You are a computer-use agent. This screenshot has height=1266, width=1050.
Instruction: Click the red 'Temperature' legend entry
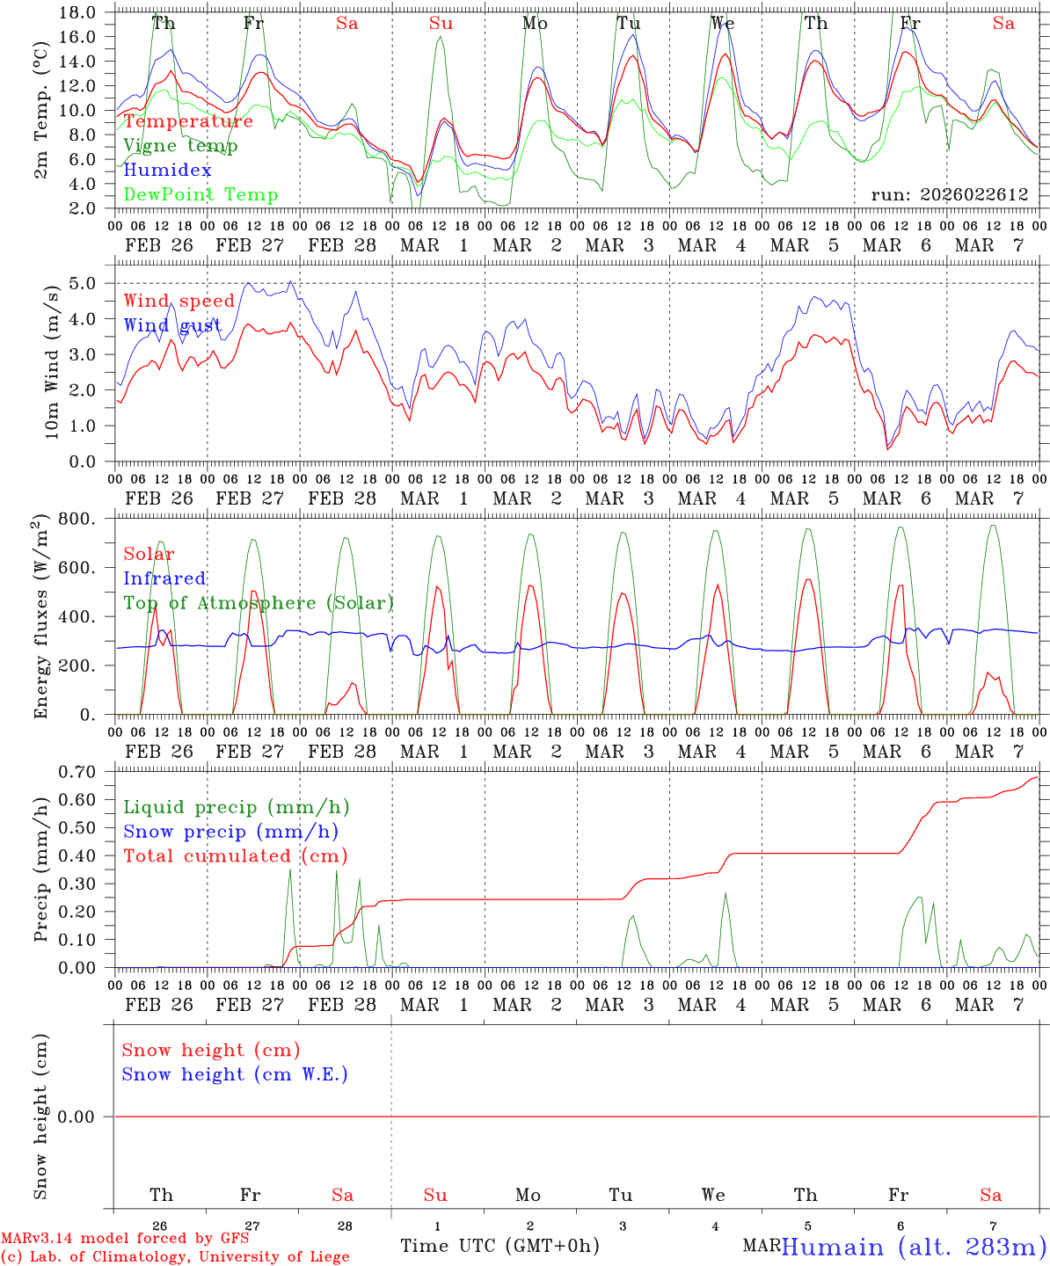(188, 121)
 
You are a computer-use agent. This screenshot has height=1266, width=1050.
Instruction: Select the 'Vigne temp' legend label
(180, 146)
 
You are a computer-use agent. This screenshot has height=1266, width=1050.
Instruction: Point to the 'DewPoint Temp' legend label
(201, 195)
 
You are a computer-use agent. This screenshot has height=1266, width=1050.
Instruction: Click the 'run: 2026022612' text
(949, 195)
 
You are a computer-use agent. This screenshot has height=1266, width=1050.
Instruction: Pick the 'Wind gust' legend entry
(172, 326)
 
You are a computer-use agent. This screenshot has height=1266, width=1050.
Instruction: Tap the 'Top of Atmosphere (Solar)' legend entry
(259, 603)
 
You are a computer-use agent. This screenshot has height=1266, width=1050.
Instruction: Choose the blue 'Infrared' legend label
(164, 578)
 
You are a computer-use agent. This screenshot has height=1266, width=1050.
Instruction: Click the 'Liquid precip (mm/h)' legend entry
(236, 807)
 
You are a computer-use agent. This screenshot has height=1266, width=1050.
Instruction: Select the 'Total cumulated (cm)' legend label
(235, 856)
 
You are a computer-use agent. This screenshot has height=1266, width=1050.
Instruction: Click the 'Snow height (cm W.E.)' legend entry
(235, 1074)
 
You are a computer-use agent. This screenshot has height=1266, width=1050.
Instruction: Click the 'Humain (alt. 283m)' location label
(914, 1247)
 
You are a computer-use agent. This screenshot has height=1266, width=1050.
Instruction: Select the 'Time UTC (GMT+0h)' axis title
(499, 1246)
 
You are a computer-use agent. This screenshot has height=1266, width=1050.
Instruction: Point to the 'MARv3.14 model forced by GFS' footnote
(124, 1239)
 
